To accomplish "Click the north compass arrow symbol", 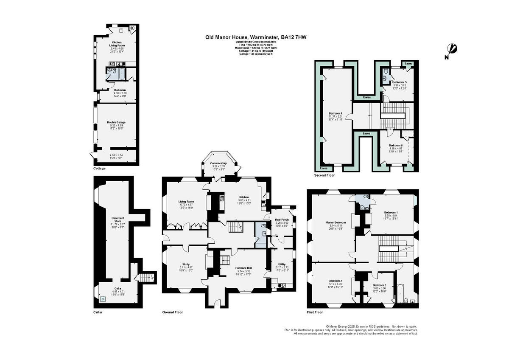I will (452, 50).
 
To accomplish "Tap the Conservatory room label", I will (219, 163).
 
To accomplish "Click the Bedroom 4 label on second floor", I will (335, 113).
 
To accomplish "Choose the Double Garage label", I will (116, 122).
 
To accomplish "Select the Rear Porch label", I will (282, 219).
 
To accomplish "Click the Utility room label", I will (282, 264).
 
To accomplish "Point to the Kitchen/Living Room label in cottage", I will (117, 44).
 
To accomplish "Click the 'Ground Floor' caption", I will (173, 312).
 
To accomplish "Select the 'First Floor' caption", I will (315, 312).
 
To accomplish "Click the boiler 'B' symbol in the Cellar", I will (101, 299).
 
